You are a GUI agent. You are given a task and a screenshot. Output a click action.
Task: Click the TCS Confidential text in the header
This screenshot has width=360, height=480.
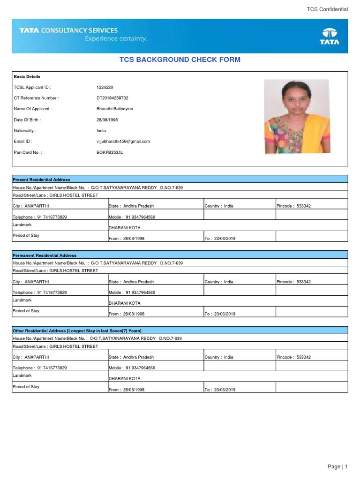point(327,9)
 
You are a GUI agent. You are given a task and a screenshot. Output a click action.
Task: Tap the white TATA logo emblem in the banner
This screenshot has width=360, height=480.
point(330,36)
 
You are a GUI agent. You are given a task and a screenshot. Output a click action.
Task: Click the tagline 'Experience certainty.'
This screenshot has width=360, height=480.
point(116,39)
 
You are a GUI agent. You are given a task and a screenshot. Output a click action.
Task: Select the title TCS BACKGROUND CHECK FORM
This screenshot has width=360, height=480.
point(180,60)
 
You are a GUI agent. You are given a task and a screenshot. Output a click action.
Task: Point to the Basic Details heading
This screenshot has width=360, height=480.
point(27,76)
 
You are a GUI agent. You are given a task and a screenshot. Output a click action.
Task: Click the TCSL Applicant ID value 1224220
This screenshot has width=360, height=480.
point(105,87)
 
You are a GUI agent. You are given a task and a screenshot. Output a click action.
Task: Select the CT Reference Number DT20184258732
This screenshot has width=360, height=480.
point(112,98)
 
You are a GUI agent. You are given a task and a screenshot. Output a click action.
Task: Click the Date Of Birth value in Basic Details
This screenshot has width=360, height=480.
point(107,120)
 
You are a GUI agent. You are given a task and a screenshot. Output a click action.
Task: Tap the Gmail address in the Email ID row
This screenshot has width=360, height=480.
point(123,141)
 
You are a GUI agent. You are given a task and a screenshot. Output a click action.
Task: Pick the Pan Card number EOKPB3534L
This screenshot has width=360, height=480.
point(110,152)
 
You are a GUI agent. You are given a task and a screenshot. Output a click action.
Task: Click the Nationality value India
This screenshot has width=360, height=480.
point(101,131)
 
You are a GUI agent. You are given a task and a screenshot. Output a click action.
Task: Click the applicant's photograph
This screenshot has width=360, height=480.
point(297,117)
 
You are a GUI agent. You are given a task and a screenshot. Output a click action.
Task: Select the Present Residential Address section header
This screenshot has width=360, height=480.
point(42,180)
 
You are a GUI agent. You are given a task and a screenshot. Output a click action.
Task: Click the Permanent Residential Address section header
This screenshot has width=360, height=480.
point(45,255)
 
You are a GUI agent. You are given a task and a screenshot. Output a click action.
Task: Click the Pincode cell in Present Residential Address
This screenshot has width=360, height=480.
point(294,206)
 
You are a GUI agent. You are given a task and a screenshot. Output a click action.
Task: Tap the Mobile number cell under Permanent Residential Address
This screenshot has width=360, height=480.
point(132,292)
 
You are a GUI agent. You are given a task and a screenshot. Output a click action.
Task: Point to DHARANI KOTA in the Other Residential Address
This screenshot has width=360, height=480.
point(124,378)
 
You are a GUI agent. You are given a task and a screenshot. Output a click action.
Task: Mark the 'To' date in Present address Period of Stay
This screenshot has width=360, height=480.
point(220,238)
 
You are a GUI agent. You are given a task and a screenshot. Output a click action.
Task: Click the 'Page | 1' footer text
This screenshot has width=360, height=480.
point(337,466)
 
